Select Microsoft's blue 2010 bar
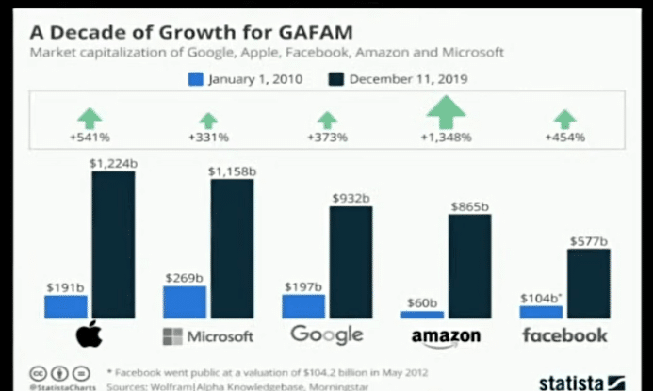coord(185,302)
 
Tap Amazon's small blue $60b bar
coord(422,315)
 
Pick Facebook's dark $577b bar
coord(589,284)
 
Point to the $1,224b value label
coord(112,163)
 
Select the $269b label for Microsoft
coord(184,278)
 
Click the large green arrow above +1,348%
coord(446,111)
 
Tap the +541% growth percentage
coord(90,138)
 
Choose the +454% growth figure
coord(564,138)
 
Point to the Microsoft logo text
coord(208,336)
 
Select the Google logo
coord(327,334)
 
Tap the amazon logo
coord(446,336)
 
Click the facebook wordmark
coord(565,335)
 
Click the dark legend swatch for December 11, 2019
coord(337,81)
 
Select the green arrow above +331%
coord(209,120)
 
